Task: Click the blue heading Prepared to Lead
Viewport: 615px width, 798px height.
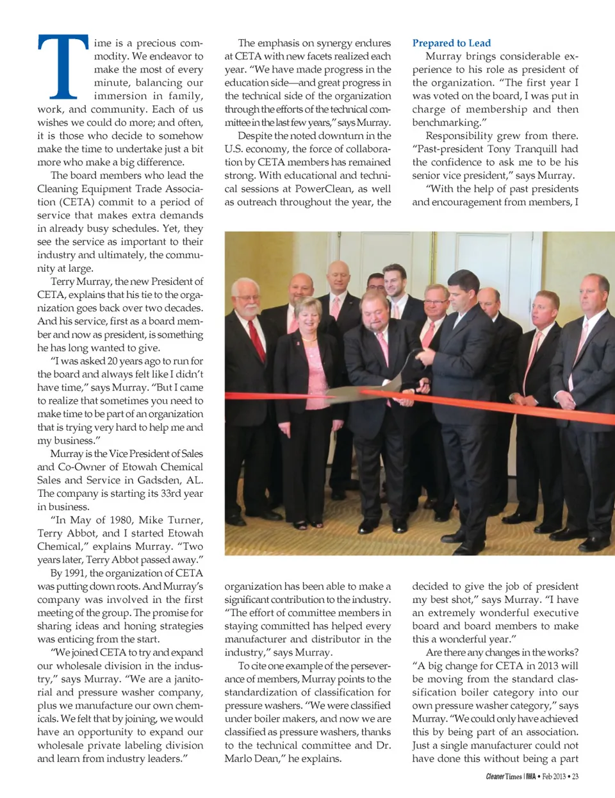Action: [x=451, y=43]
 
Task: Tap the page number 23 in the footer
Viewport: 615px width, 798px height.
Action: [x=575, y=776]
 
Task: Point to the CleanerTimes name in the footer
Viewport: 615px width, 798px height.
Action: [x=504, y=776]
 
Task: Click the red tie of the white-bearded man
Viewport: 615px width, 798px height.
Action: [x=256, y=339]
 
